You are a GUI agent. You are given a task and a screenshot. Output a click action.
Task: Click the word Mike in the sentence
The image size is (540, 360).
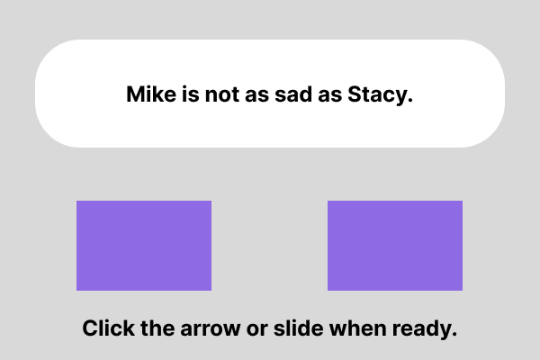[151, 94]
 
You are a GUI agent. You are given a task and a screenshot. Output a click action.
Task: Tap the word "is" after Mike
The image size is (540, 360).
[191, 94]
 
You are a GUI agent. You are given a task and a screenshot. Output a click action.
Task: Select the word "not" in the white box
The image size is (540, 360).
[221, 94]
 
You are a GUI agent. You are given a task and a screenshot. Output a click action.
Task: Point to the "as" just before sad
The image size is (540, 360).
[256, 96]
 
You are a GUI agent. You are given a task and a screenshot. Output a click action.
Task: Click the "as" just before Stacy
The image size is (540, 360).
[329, 96]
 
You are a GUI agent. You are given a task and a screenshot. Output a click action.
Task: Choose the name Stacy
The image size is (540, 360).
[377, 95]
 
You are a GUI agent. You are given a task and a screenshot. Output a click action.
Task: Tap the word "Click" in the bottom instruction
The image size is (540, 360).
[109, 328]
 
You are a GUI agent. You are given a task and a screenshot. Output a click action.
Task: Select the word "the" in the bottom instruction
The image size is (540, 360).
[157, 328]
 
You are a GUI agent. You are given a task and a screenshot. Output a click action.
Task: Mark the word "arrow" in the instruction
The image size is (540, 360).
[210, 330]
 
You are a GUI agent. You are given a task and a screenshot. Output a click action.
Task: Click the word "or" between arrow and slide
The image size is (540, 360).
[256, 330]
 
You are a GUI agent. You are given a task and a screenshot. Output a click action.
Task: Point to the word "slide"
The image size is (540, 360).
[298, 328]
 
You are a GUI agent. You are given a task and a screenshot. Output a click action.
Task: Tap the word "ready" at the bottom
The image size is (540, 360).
[421, 329]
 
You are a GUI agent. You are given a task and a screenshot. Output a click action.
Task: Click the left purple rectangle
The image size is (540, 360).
[144, 246]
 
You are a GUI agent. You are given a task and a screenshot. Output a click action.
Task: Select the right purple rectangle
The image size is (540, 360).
[395, 246]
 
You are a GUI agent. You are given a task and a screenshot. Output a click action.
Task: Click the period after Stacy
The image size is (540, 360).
[409, 100]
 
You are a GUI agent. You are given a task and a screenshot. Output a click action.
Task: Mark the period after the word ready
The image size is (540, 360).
[454, 334]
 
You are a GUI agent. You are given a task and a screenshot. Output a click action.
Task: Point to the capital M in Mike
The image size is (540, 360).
[135, 94]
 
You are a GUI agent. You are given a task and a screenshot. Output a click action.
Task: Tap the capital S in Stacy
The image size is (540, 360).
[355, 94]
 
